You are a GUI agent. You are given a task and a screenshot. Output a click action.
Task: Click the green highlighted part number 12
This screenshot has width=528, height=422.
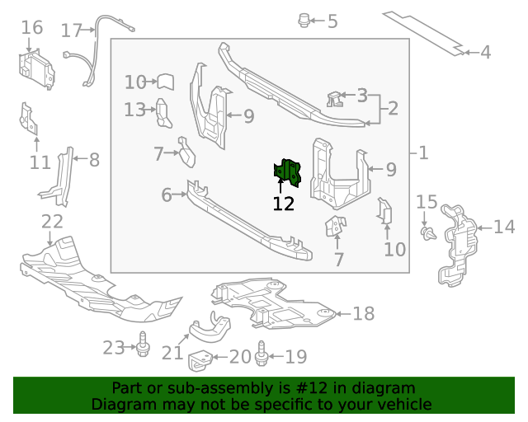[287, 171]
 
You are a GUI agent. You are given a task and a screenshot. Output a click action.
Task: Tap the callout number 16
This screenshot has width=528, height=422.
[31, 28]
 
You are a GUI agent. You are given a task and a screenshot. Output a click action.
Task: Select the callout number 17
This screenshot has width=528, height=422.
[71, 30]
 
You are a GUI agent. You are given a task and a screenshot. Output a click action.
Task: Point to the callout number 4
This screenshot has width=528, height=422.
[485, 53]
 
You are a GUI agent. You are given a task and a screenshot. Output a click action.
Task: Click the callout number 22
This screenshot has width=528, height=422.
[52, 221]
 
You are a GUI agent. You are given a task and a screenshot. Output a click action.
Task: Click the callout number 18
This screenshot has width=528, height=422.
[364, 313]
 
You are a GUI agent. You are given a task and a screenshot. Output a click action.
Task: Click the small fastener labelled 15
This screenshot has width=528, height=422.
[427, 234]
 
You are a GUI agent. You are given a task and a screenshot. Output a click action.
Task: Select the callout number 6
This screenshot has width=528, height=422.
[166, 195]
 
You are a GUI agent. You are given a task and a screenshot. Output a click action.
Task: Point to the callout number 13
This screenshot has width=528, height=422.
[134, 109]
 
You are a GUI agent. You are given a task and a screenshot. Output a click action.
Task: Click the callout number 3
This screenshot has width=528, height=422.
[361, 96]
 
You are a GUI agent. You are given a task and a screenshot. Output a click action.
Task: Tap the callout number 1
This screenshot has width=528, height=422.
[423, 152]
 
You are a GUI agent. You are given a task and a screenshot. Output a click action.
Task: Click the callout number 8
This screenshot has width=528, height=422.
[94, 160]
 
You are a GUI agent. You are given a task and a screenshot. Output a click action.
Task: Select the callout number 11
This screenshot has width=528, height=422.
[40, 162]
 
